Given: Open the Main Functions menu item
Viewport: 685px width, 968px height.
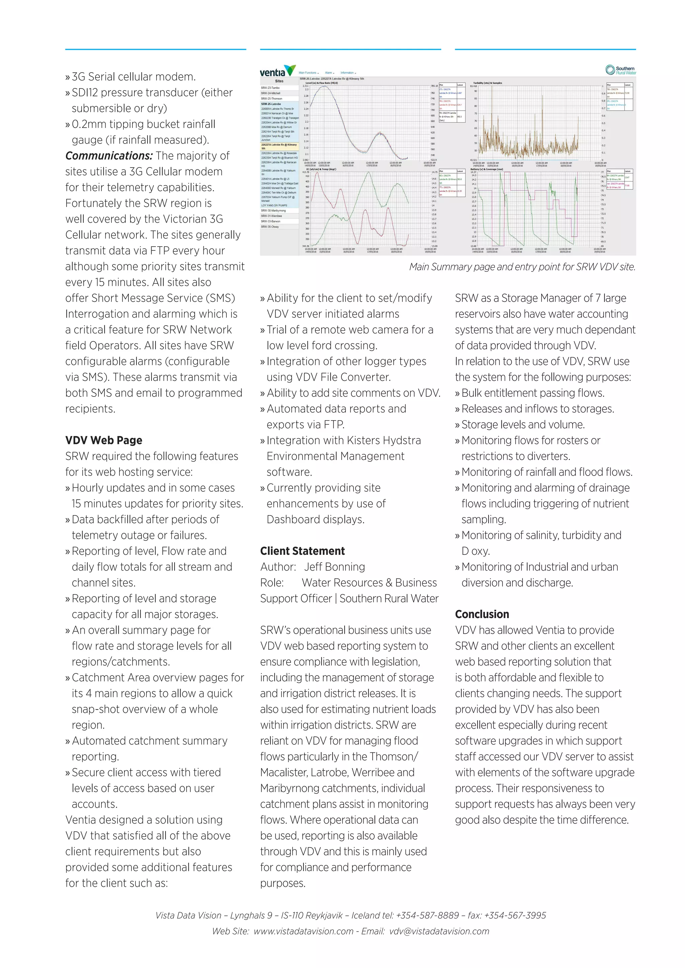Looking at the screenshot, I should click(308, 73).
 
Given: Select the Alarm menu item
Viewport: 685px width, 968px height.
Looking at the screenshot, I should click(329, 73).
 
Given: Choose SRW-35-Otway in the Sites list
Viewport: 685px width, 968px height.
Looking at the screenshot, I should click(270, 227).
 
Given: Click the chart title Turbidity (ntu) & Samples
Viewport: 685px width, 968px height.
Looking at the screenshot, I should click(487, 83).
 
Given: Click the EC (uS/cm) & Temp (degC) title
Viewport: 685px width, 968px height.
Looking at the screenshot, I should click(321, 169).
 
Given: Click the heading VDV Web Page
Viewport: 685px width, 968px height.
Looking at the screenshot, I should click(104, 440).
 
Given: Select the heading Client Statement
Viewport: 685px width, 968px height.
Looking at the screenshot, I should click(302, 551).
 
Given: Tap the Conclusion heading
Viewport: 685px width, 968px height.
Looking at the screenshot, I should click(482, 614).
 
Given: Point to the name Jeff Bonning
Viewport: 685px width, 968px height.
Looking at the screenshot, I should click(334, 567).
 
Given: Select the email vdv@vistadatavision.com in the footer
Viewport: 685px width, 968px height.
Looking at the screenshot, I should click(439, 931).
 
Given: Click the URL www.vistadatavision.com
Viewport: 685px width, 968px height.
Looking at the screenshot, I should click(303, 931).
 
